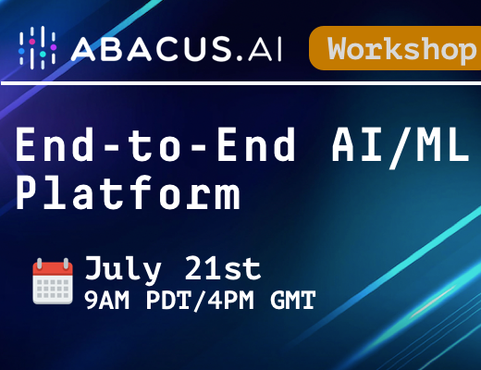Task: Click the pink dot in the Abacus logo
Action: [32, 42]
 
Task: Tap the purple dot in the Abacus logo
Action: [54, 47]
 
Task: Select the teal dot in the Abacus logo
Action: [43, 54]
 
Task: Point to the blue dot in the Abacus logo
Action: [21, 51]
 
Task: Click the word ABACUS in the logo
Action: [152, 48]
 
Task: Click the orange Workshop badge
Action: [395, 48]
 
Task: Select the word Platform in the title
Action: [128, 192]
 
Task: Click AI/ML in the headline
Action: [401, 146]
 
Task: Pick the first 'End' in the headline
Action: [55, 144]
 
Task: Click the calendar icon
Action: [53, 281]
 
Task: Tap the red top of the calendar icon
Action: [53, 268]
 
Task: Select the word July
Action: [123, 269]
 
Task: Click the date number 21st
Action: [223, 268]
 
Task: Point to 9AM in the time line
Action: [106, 301]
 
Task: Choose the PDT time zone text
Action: [168, 301]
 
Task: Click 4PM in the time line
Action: [230, 301]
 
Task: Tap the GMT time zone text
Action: [293, 301]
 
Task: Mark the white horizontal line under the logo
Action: [240, 83]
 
